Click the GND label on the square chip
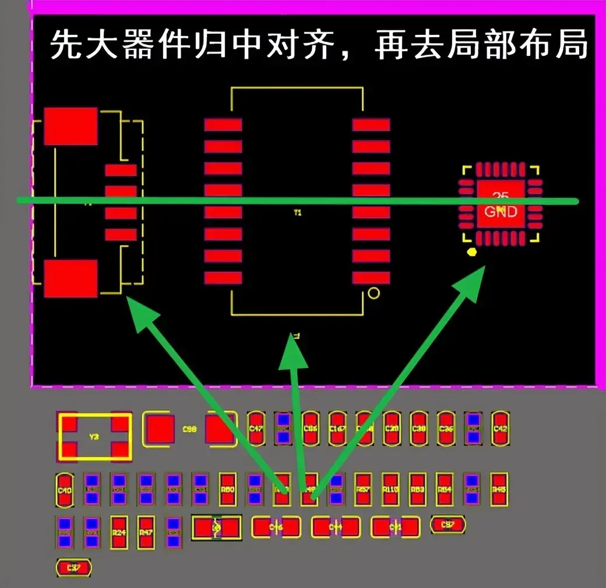click(x=501, y=212)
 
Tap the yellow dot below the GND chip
click(x=472, y=252)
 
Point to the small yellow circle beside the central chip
click(x=374, y=293)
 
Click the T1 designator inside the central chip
click(x=297, y=213)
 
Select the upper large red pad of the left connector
click(x=71, y=126)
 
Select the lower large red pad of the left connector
click(x=71, y=278)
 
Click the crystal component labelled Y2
click(x=94, y=436)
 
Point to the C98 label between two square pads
click(x=189, y=430)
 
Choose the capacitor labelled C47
click(x=256, y=428)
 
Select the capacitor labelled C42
click(x=500, y=428)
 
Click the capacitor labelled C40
click(x=65, y=490)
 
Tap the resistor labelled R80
click(x=227, y=490)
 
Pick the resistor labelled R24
click(x=119, y=532)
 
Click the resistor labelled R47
click(x=146, y=532)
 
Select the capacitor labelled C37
click(x=73, y=568)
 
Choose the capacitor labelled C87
click(x=448, y=525)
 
